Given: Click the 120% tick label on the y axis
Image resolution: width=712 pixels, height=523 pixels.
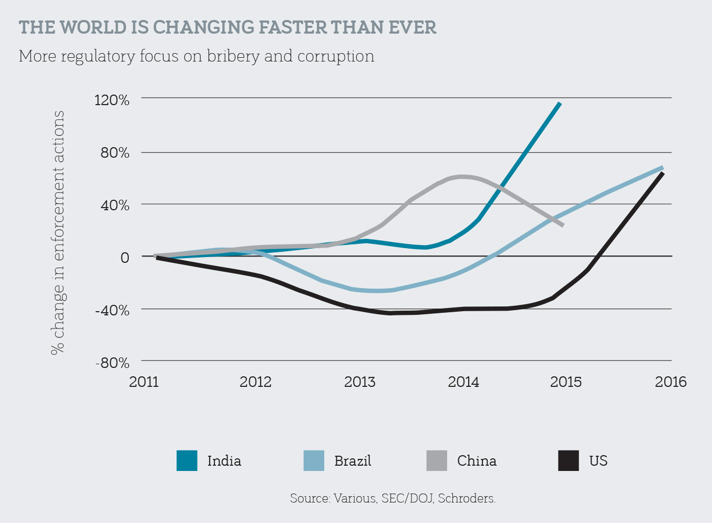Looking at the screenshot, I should [x=111, y=100].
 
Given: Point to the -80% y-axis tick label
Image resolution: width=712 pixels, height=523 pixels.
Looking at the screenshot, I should [x=112, y=363].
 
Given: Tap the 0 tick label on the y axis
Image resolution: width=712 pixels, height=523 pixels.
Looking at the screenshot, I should [x=125, y=258].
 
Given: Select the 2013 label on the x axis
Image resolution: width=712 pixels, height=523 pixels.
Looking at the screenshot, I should [x=360, y=382].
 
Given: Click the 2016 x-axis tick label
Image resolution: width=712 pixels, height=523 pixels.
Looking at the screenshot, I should [x=670, y=382].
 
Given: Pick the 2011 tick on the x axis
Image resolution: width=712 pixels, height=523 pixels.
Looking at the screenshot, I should [x=144, y=382].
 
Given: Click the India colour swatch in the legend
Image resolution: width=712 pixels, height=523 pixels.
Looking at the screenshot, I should [x=187, y=460].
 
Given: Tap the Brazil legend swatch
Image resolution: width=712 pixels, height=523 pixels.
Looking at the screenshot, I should [x=314, y=460].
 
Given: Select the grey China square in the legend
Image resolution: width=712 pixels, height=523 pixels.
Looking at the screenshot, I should [x=437, y=460].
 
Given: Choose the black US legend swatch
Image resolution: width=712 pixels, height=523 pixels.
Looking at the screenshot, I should [x=569, y=460].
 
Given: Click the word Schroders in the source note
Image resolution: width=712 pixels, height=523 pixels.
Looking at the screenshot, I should [x=467, y=498].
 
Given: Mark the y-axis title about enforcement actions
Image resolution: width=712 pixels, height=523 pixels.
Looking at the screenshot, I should [x=58, y=231].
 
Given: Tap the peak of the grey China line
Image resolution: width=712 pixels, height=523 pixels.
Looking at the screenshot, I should [x=462, y=177].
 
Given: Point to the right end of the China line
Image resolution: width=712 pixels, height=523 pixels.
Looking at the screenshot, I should [x=563, y=225].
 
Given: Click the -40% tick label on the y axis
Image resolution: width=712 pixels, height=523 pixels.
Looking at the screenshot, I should [x=112, y=310].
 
